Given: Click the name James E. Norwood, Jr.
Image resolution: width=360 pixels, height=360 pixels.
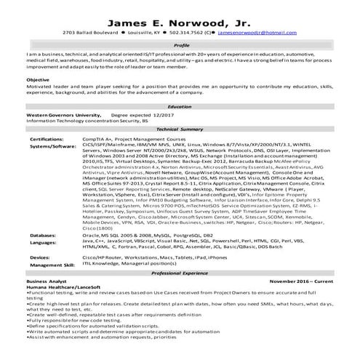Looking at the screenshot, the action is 180,21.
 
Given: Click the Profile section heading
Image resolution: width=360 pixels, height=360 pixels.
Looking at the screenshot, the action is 181,45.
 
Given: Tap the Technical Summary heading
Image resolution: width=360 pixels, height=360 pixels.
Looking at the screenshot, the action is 180,129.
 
